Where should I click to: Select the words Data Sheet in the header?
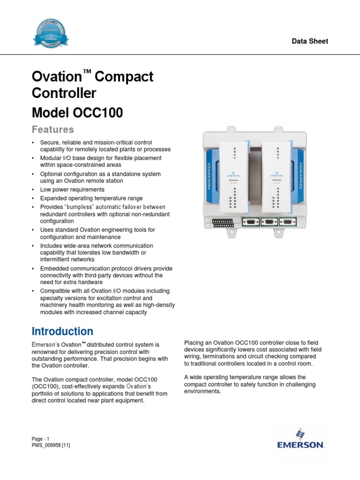(310, 41)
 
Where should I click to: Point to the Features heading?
(52, 129)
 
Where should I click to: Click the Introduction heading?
(62, 331)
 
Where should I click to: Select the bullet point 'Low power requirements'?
(72, 190)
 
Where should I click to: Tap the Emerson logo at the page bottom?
(300, 439)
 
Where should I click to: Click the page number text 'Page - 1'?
(41, 439)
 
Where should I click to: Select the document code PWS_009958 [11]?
(51, 445)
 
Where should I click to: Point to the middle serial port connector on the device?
(269, 222)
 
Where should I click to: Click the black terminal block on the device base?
(224, 222)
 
